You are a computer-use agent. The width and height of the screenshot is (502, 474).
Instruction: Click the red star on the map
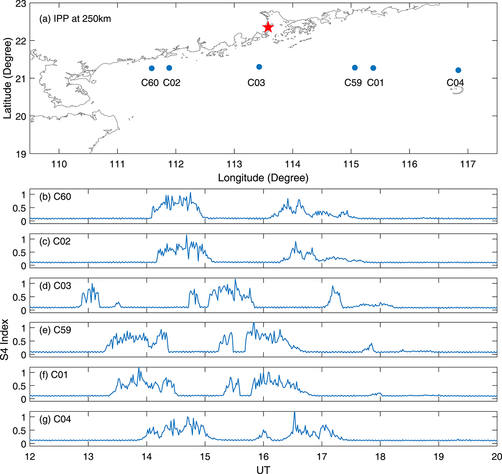pyautogui.click(x=268, y=27)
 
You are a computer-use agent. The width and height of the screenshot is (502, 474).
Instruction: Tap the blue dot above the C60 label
pyautogui.click(x=151, y=68)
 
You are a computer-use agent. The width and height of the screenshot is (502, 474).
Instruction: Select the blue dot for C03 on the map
pyautogui.click(x=259, y=67)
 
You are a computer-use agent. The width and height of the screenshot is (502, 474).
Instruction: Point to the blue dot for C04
pyautogui.click(x=458, y=70)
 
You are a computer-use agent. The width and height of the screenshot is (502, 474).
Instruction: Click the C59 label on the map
pyautogui.click(x=353, y=83)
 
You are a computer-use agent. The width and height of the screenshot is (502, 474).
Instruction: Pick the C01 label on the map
pyautogui.click(x=375, y=83)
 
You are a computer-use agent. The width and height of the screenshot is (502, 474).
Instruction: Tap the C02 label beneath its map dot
pyautogui.click(x=172, y=83)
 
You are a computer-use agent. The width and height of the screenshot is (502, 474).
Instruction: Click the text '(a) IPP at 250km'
pyautogui.click(x=75, y=18)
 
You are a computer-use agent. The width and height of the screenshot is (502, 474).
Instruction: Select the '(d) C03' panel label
pyautogui.click(x=55, y=286)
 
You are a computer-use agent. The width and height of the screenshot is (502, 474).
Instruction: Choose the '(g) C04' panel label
pyautogui.click(x=55, y=419)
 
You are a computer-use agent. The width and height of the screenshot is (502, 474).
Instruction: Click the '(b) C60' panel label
pyautogui.click(x=55, y=196)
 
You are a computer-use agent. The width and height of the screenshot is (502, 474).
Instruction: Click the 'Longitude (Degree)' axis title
pyautogui.click(x=263, y=178)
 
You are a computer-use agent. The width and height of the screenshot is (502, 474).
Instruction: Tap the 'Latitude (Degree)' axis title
pyautogui.click(x=7, y=79)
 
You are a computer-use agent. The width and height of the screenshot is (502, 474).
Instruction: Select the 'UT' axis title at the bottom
pyautogui.click(x=263, y=469)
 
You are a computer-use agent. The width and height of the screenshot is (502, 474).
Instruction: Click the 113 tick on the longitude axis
pyautogui.click(x=234, y=164)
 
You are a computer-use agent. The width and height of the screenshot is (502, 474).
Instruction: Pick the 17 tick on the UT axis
pyautogui.click(x=322, y=456)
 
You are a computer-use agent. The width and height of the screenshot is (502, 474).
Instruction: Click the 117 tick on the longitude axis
pyautogui.click(x=468, y=164)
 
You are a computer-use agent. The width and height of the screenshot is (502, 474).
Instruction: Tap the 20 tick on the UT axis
pyautogui.click(x=496, y=456)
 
